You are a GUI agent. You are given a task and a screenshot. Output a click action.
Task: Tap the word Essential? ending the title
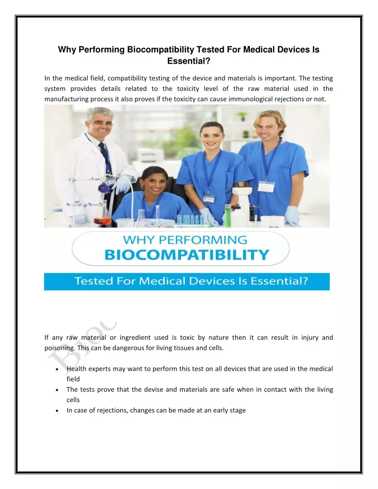click(x=188, y=61)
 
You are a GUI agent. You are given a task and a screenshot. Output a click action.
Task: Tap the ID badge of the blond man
click(x=267, y=186)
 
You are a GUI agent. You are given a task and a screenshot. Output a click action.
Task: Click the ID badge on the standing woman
click(x=209, y=199)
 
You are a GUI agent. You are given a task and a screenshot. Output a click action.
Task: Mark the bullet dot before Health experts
click(x=56, y=369)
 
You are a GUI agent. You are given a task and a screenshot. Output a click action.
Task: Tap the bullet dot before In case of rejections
click(x=56, y=411)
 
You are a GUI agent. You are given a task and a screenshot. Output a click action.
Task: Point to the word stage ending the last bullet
click(x=237, y=410)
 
